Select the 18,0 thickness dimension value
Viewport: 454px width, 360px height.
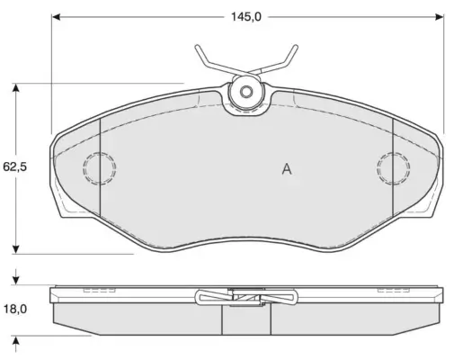15,308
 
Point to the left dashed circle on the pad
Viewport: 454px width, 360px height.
98,167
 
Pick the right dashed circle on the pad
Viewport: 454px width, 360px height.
393,167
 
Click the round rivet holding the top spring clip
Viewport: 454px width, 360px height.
245,92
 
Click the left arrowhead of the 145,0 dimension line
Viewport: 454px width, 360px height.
56,16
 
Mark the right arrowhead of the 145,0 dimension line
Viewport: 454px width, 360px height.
440,16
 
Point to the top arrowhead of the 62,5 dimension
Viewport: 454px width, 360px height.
15,88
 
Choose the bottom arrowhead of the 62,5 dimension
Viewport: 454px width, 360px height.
15,248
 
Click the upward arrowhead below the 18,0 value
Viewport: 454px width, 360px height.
15,339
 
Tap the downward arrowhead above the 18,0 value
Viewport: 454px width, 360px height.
15,279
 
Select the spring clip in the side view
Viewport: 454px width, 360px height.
245,296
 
